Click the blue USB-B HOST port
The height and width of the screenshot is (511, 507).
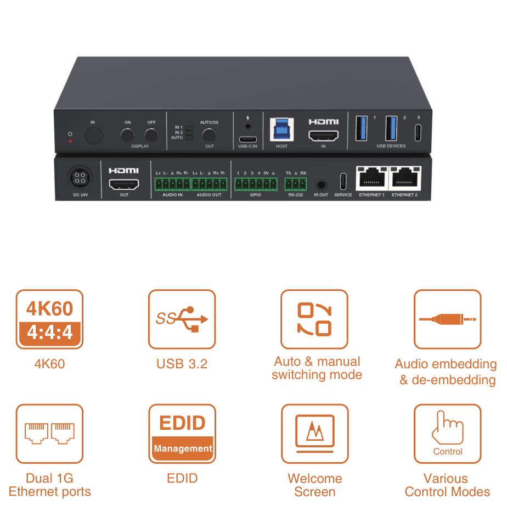(x=282, y=130)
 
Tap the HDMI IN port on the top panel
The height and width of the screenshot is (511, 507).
(x=324, y=136)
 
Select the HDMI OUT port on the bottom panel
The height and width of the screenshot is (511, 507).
(x=124, y=184)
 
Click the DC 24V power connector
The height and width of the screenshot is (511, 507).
(x=80, y=178)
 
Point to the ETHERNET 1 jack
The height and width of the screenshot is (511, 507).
(x=372, y=178)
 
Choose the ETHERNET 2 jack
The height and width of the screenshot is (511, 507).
(x=405, y=178)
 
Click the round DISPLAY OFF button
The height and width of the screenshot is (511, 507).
(x=151, y=135)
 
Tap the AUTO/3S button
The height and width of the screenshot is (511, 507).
(x=209, y=135)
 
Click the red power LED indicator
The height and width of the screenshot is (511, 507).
(x=70, y=141)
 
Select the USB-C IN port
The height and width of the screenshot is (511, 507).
(x=248, y=139)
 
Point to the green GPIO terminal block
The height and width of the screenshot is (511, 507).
(x=256, y=184)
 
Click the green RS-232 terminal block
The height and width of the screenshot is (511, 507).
(x=296, y=184)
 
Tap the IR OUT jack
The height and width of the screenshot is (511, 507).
(x=321, y=185)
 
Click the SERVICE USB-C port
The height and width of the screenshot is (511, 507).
(x=343, y=181)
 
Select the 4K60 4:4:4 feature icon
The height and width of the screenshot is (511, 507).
(x=49, y=319)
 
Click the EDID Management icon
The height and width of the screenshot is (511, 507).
(x=182, y=434)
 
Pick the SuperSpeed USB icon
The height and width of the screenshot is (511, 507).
(x=182, y=319)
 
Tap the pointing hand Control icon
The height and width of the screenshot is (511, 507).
(x=448, y=434)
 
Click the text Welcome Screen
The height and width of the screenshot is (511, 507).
(x=315, y=485)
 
